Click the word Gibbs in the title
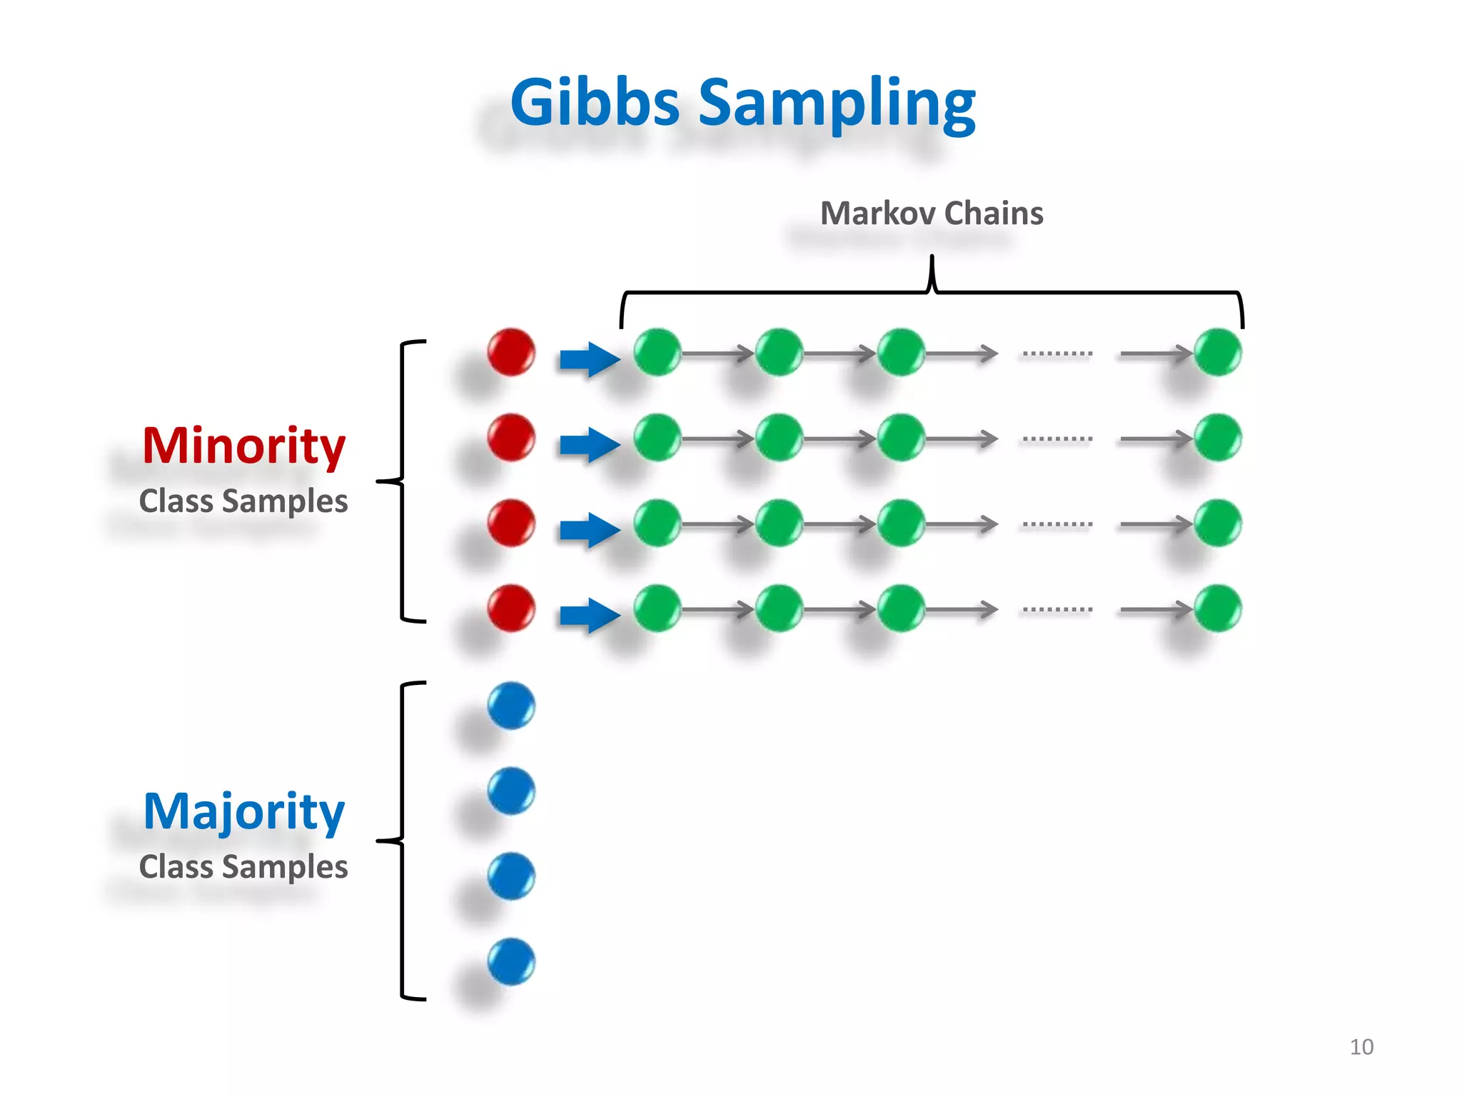[x=594, y=102]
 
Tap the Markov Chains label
[x=931, y=213]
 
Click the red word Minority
[x=243, y=445]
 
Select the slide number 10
[x=1361, y=1046]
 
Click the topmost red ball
[x=511, y=352]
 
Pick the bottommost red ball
[x=511, y=608]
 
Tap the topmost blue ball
[x=511, y=706]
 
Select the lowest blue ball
[x=511, y=962]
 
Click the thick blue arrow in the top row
[x=589, y=359]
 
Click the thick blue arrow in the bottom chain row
[x=589, y=615]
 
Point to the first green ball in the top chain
[x=657, y=352]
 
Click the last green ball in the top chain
[x=1218, y=352]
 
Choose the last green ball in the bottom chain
[x=1218, y=608]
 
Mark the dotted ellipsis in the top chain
[x=1057, y=354]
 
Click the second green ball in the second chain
[x=779, y=437]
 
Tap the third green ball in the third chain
[x=901, y=523]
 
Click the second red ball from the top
[x=511, y=437]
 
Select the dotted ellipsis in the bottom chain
[x=1057, y=610]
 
